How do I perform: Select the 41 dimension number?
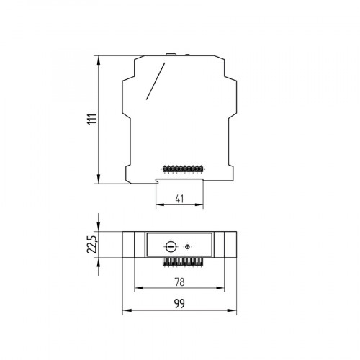click(179, 199)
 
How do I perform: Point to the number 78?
click(179, 282)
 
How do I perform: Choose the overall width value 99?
click(179, 305)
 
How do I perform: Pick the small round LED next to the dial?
click(188, 246)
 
